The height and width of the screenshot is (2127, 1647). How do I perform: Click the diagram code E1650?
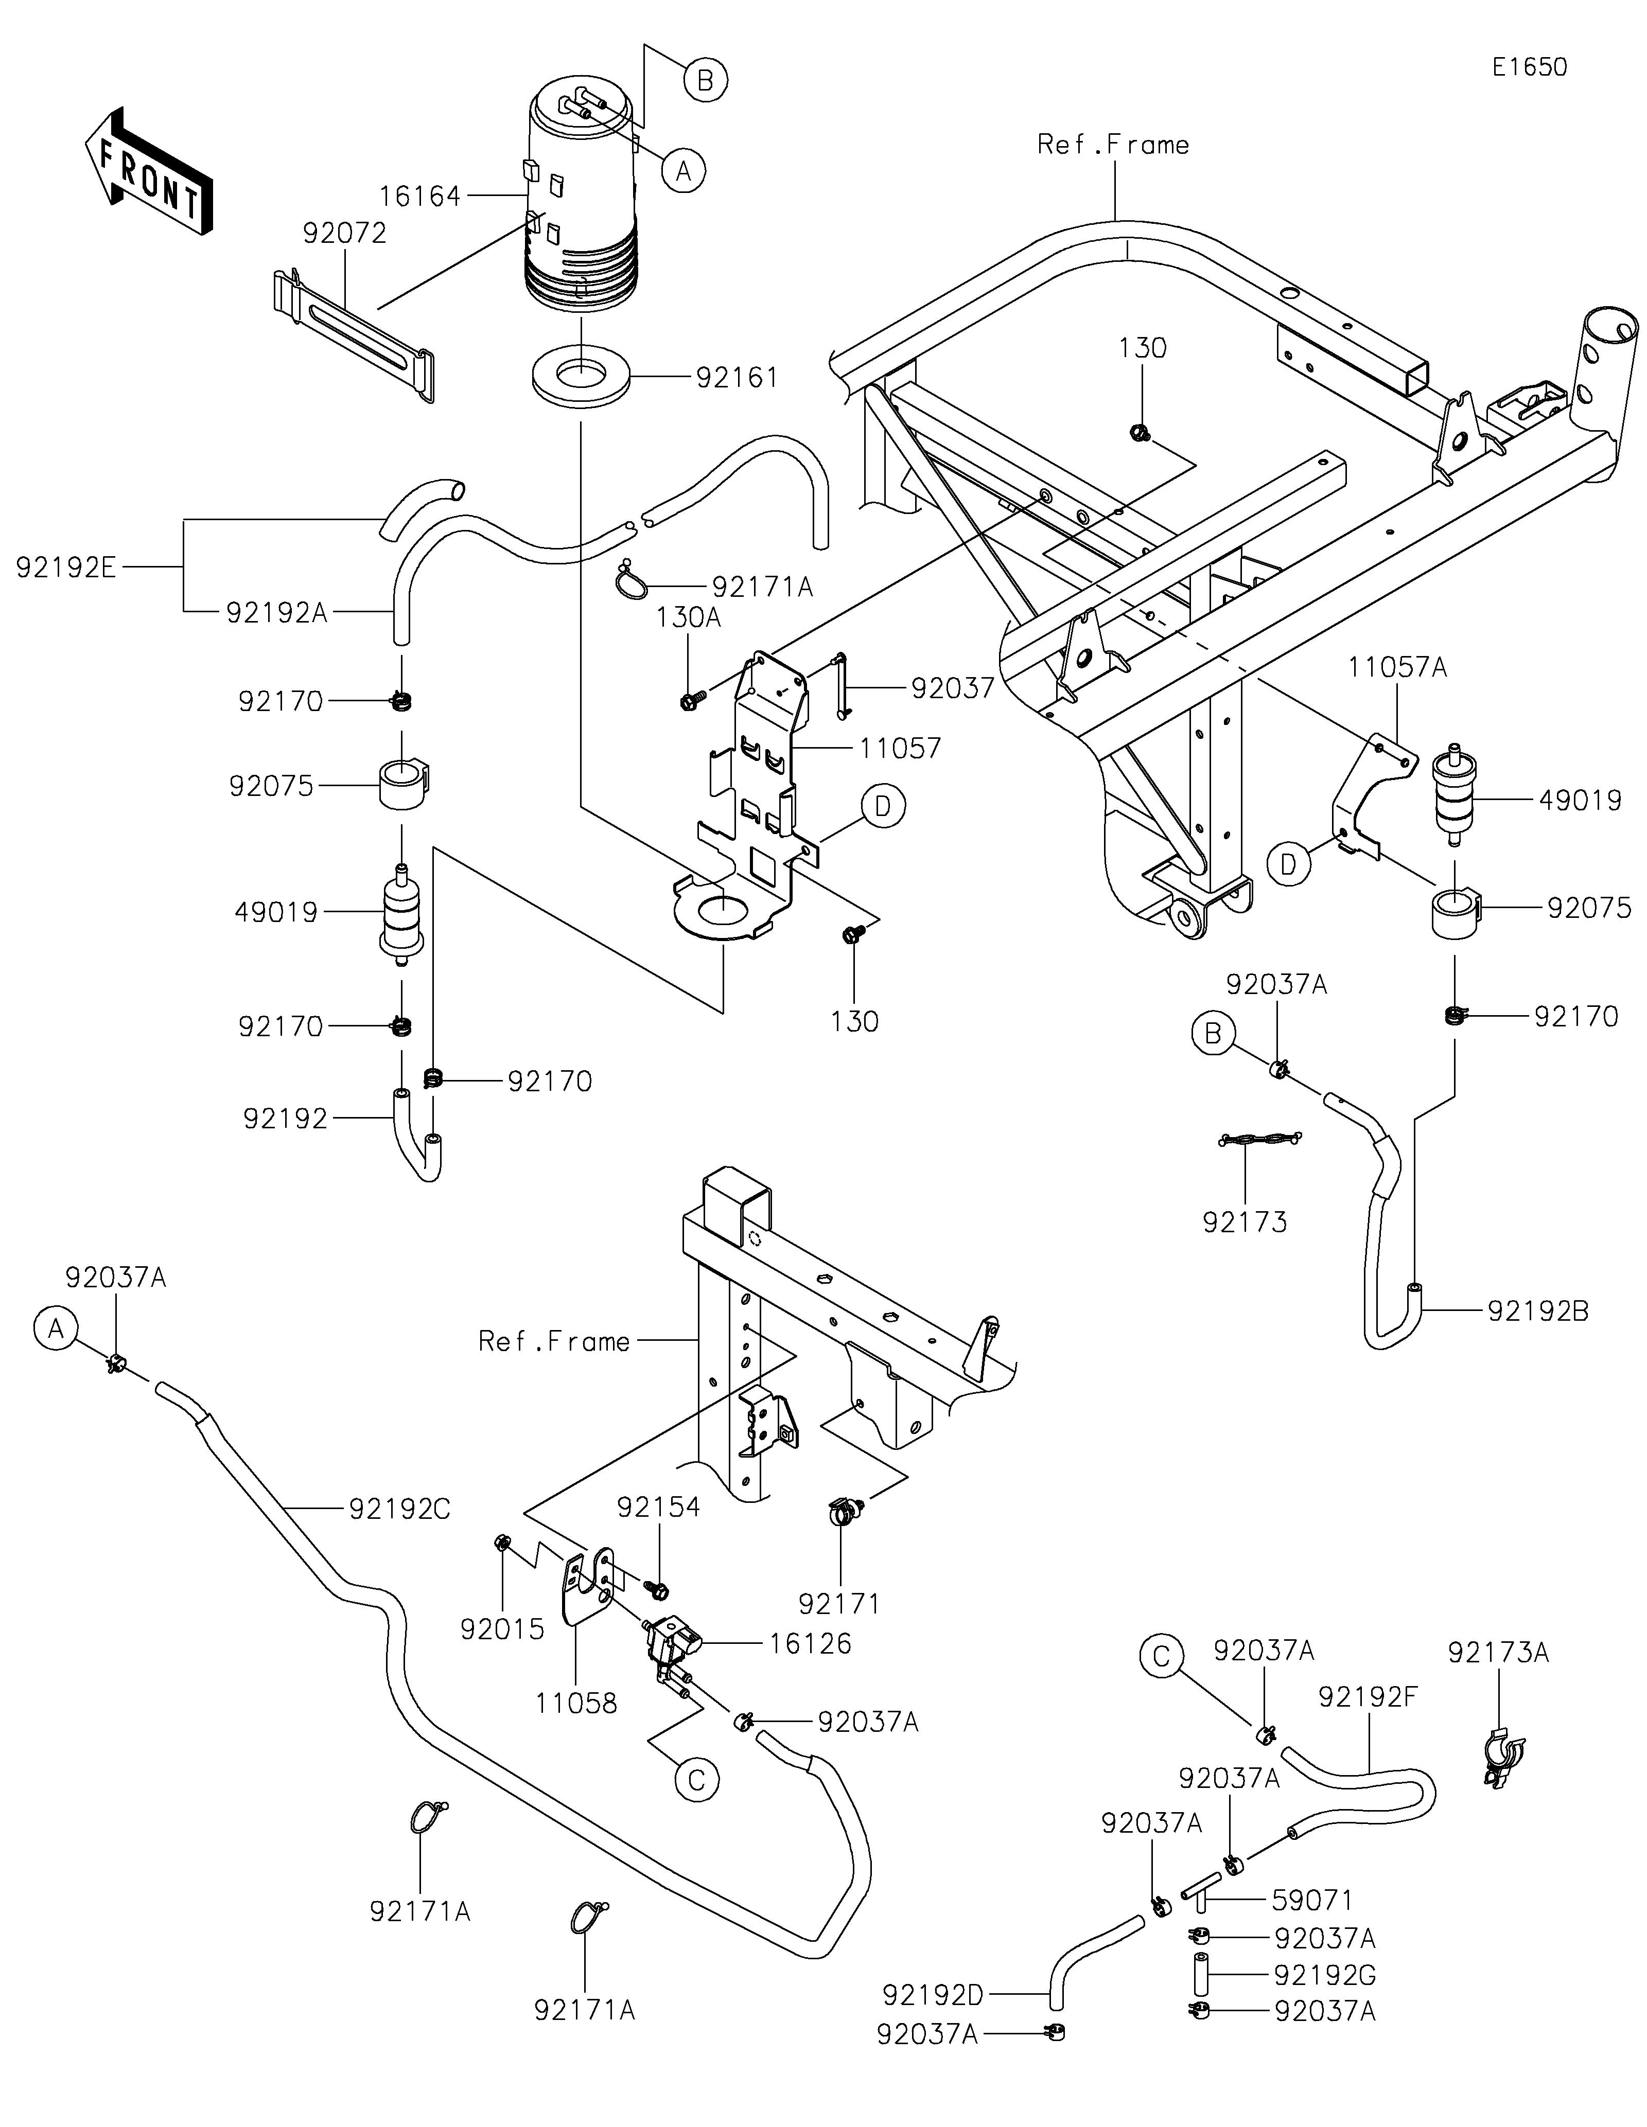click(1529, 67)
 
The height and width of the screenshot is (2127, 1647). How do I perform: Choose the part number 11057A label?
click(1397, 668)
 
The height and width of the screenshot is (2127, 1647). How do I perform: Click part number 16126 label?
click(810, 1644)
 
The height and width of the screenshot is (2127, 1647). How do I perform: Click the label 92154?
click(658, 1508)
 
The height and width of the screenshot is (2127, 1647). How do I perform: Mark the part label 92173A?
click(1498, 1653)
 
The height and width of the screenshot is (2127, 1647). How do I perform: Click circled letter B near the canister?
click(705, 79)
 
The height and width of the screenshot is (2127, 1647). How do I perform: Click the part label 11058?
click(575, 1704)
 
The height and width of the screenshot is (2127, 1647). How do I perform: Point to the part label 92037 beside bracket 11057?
click(953, 688)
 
